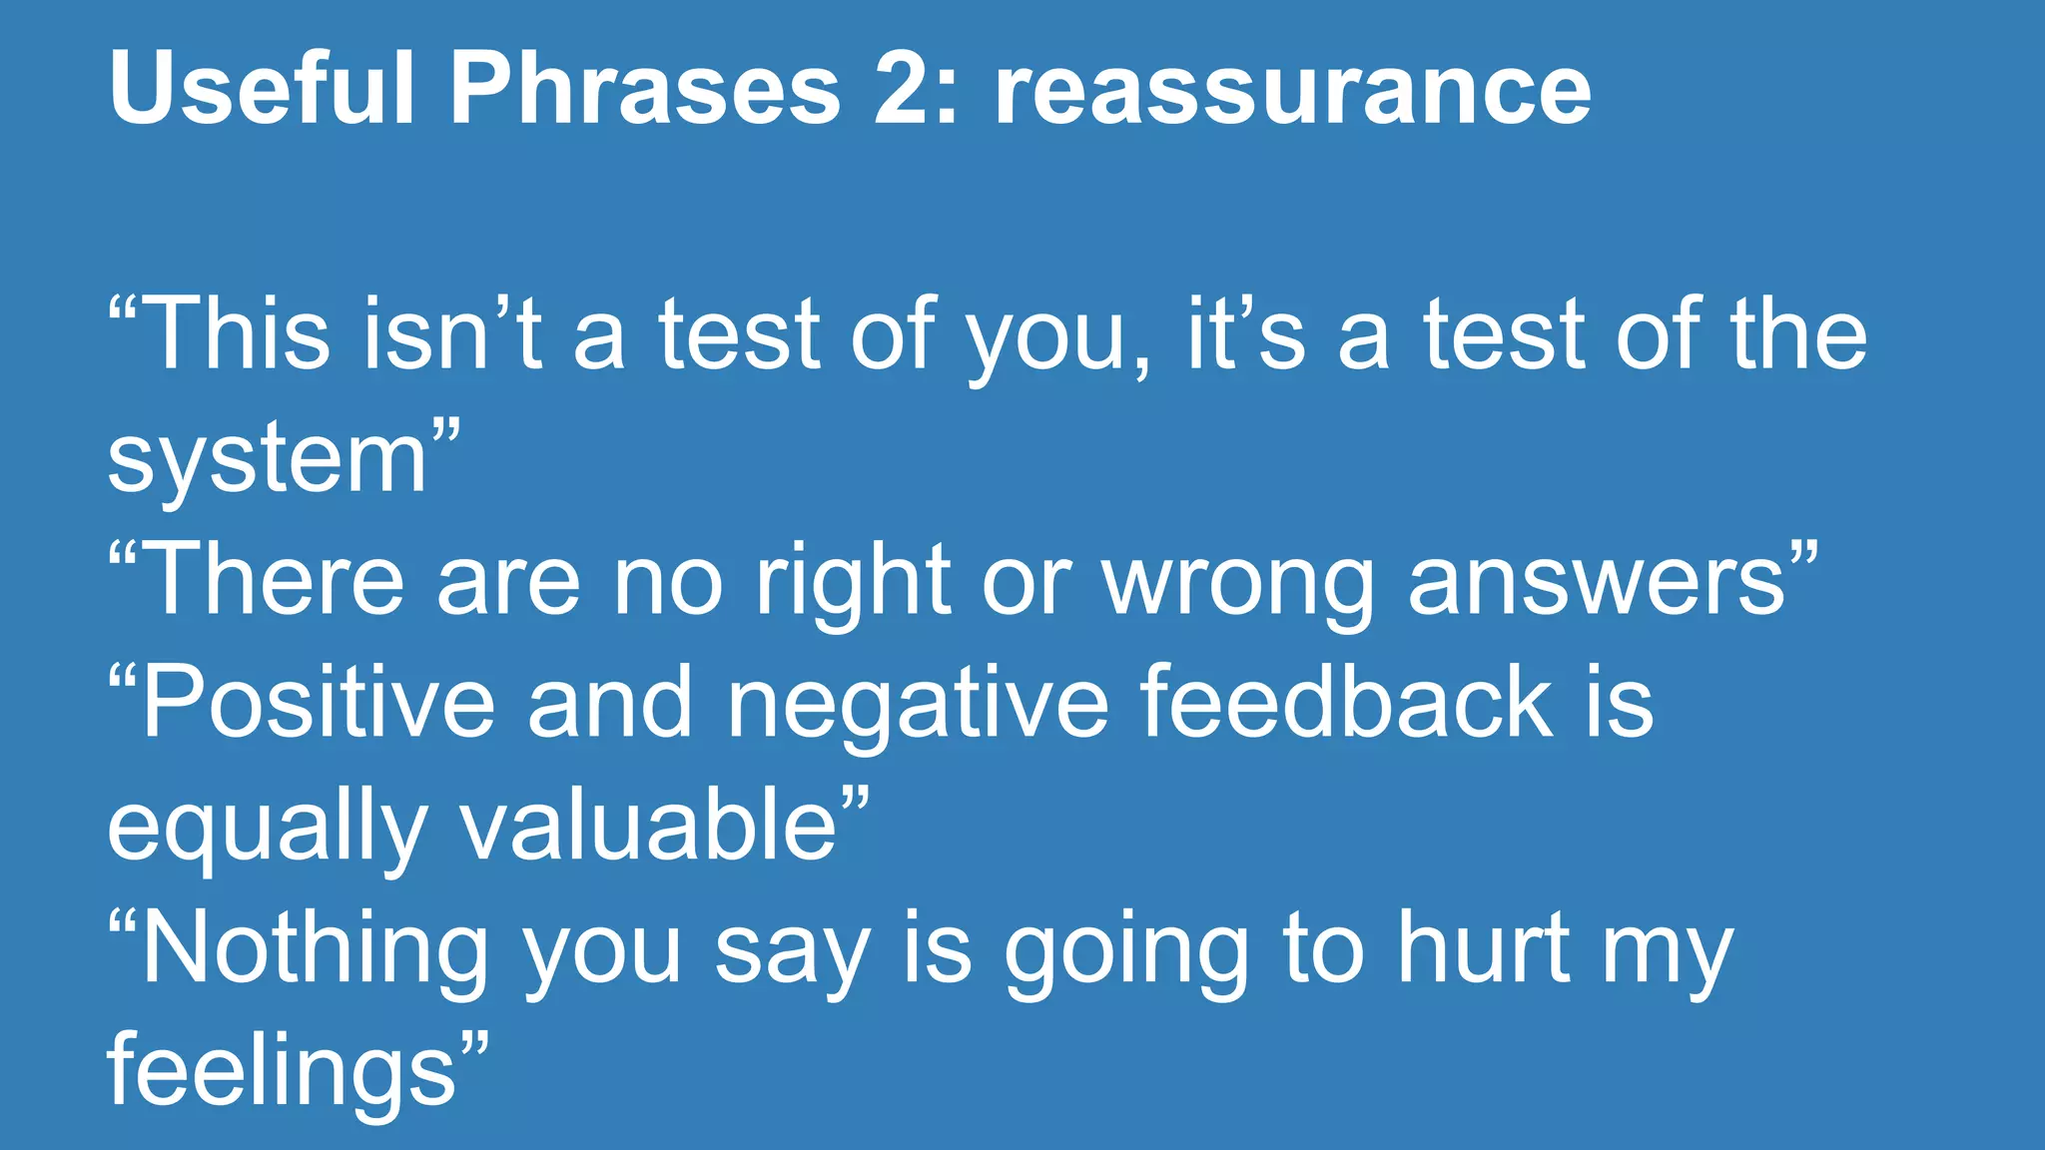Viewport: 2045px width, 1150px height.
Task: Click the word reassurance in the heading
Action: coord(1292,90)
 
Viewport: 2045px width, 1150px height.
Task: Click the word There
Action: coord(274,579)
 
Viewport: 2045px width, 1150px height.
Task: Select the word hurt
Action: coord(1483,947)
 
